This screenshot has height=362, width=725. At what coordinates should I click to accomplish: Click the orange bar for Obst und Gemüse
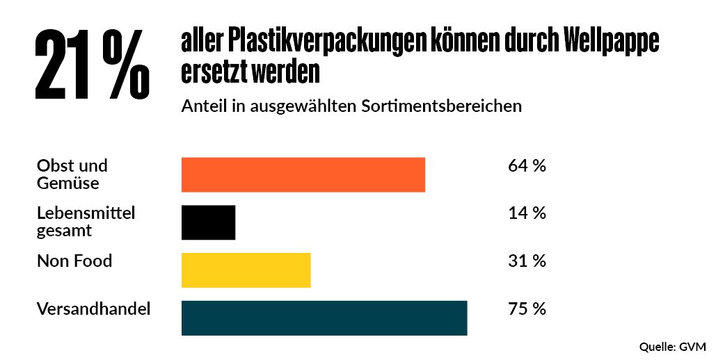coord(303,174)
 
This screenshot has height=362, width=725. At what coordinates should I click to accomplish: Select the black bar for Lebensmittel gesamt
coord(208,222)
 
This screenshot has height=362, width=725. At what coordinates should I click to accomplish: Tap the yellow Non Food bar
coord(246,270)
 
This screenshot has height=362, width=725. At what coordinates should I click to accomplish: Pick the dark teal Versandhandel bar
coord(324,318)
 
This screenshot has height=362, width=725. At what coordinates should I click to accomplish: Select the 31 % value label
coord(527,261)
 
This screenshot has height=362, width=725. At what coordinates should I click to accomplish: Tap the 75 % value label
coord(527,309)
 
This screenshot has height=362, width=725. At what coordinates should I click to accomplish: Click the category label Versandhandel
coord(93,309)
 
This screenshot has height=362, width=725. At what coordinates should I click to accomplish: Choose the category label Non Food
coord(74,261)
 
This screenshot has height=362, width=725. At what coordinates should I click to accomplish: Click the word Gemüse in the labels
coord(67,183)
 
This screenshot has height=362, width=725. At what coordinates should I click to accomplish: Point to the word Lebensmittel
coord(86,213)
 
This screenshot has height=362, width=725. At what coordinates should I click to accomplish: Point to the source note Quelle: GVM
coord(672,346)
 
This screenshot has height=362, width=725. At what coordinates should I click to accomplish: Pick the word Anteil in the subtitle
coord(201,107)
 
